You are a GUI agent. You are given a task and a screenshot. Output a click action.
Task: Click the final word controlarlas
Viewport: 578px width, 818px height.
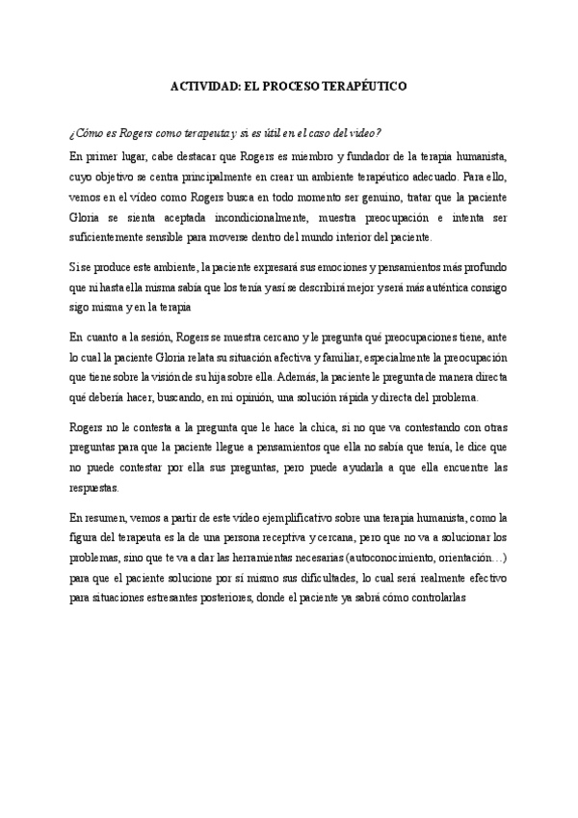click(x=437, y=598)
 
